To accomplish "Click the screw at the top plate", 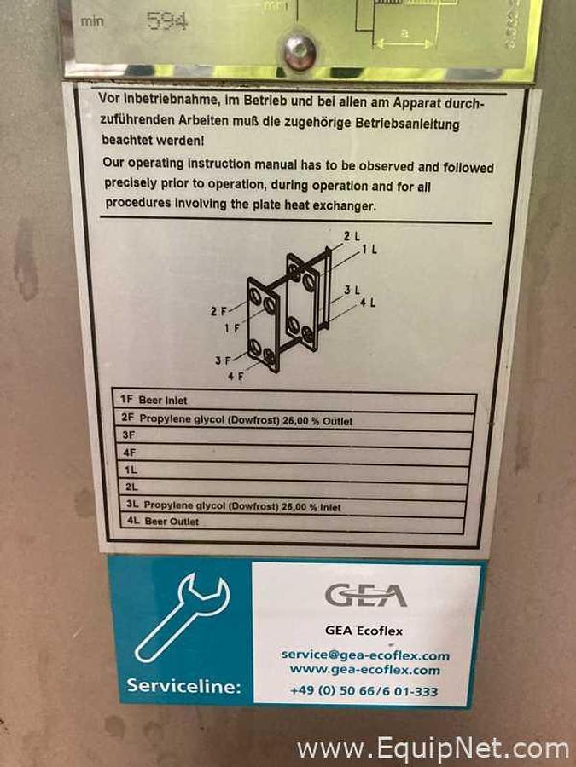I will coord(300,51).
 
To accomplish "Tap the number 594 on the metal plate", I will coord(167,21).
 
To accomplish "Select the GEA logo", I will coord(364,593).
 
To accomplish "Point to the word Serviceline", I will coord(183,684).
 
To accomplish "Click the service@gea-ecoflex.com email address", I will coord(365,655).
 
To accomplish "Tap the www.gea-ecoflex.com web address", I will coord(365,670).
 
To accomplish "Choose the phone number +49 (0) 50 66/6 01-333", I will coord(364,691).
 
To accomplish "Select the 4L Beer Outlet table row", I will coord(289,521).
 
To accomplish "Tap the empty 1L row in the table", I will coord(290,470).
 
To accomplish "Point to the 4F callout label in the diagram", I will coord(230,375).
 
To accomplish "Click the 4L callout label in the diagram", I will coord(369,303).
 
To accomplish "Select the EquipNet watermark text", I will coord(432,749).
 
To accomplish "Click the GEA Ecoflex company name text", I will coord(364,631).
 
